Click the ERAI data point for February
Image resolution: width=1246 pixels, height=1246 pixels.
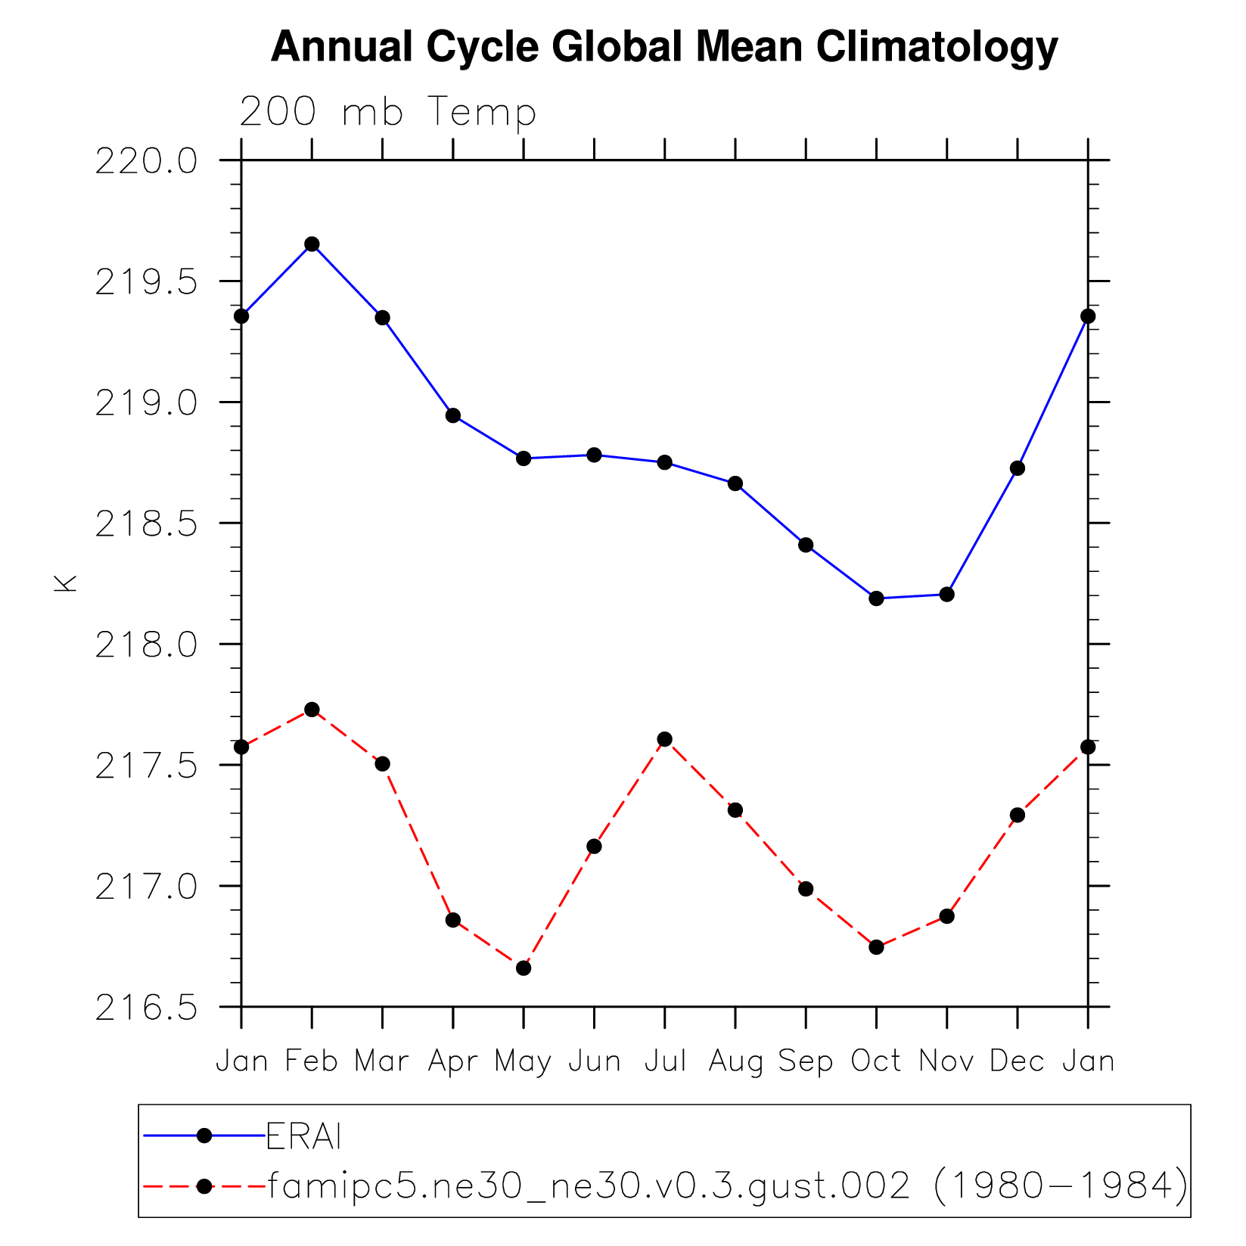pos(312,244)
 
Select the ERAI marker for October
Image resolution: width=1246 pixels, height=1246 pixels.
pos(876,598)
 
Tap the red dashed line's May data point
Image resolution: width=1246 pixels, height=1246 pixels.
pos(524,968)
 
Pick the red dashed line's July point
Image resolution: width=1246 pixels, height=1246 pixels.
pos(665,739)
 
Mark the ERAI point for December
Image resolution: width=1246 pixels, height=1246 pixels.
pos(1018,468)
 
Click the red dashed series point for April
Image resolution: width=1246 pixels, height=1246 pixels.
pos(453,920)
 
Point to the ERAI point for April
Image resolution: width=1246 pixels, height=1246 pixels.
pos(453,415)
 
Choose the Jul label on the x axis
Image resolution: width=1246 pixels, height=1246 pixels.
pos(665,1061)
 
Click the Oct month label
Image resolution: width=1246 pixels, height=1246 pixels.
pos(876,1061)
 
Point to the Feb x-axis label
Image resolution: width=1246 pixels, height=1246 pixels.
pos(312,1061)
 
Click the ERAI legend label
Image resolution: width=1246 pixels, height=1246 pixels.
pos(304,1136)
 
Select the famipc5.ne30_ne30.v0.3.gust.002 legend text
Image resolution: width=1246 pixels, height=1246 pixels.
pos(589,1186)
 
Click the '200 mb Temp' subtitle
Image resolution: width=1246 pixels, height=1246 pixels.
pos(388,112)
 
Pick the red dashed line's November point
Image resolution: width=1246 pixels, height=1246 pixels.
pos(946,916)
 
